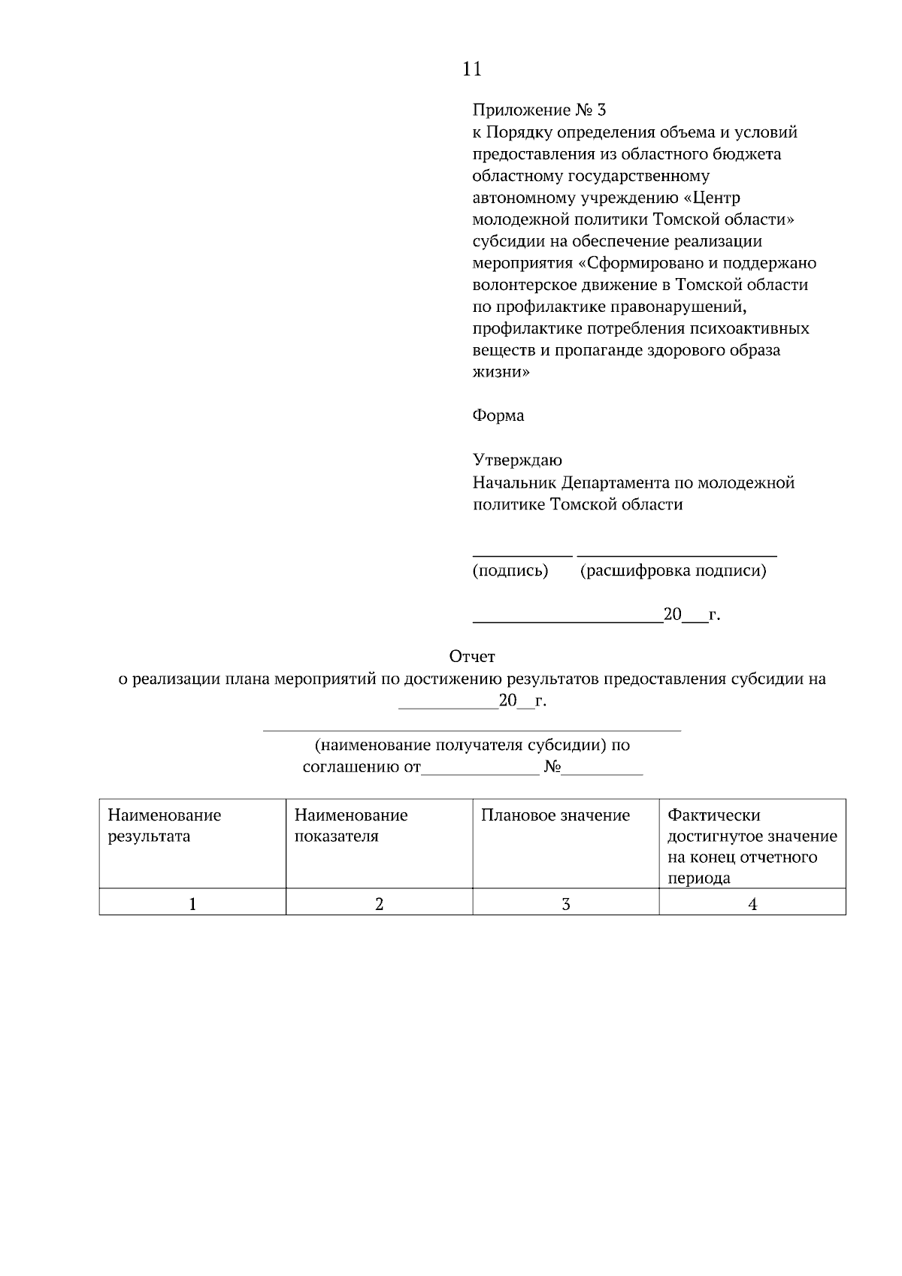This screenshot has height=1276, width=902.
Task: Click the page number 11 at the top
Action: click(x=471, y=69)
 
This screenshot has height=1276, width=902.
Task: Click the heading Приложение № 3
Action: click(x=538, y=110)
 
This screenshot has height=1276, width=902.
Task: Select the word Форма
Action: click(x=498, y=416)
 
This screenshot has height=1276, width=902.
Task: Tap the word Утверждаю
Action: click(x=516, y=460)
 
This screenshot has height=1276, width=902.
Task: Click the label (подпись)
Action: click(x=510, y=570)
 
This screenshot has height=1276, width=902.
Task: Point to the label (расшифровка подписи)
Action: click(x=673, y=570)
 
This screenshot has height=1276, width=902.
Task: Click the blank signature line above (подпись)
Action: click(x=522, y=555)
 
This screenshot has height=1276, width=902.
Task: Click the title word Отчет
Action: click(x=471, y=657)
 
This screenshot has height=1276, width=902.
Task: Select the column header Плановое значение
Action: click(x=555, y=815)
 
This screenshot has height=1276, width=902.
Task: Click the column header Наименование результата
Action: click(x=164, y=825)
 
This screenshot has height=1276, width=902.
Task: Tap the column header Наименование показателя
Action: click(x=350, y=825)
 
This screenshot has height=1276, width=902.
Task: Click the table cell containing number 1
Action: click(x=192, y=904)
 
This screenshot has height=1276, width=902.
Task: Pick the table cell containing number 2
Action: click(x=379, y=904)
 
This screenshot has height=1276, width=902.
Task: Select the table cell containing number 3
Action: click(x=565, y=904)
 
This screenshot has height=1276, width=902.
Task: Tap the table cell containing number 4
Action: click(x=752, y=904)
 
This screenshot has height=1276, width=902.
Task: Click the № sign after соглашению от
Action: click(x=552, y=767)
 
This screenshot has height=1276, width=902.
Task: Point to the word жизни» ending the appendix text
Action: click(x=501, y=372)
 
